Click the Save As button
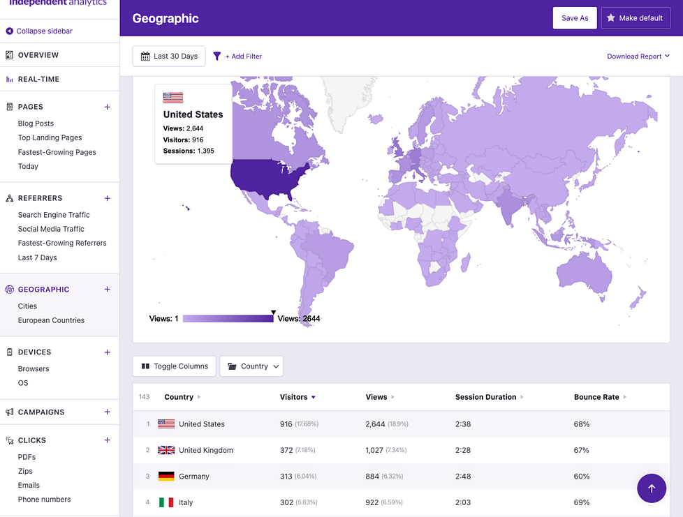click(x=575, y=18)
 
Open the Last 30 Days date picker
click(x=169, y=57)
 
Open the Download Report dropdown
click(x=638, y=57)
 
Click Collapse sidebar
click(x=44, y=31)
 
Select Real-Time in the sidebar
click(x=38, y=80)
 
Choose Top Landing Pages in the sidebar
click(x=50, y=138)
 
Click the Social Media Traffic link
click(x=51, y=229)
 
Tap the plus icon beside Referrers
click(x=107, y=198)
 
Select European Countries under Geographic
click(x=51, y=320)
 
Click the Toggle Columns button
click(x=175, y=366)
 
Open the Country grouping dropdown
click(x=251, y=366)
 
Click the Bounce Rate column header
click(x=596, y=397)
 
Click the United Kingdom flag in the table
click(x=166, y=450)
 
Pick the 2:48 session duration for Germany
click(x=464, y=477)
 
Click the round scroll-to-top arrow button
click(x=652, y=488)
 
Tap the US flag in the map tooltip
click(x=172, y=98)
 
